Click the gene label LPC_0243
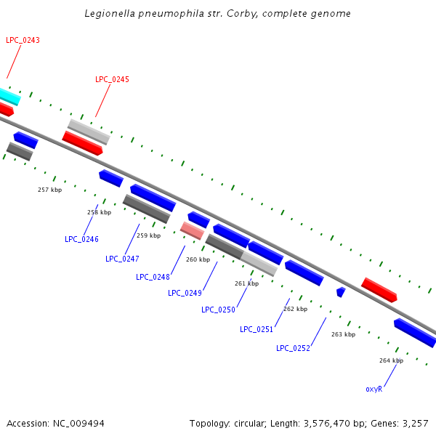click(23, 40)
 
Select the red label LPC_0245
click(112, 79)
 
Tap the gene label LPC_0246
click(81, 239)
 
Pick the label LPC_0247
click(122, 259)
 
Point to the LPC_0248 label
click(153, 277)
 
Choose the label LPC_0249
click(185, 293)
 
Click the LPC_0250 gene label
click(218, 310)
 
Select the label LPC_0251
click(257, 329)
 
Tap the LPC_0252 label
click(293, 348)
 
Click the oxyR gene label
click(374, 389)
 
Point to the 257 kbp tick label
click(50, 190)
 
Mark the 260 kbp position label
click(198, 259)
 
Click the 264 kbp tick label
click(391, 360)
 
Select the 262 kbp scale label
click(295, 309)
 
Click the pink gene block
click(192, 230)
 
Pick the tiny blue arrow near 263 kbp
click(340, 291)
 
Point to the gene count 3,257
click(415, 423)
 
